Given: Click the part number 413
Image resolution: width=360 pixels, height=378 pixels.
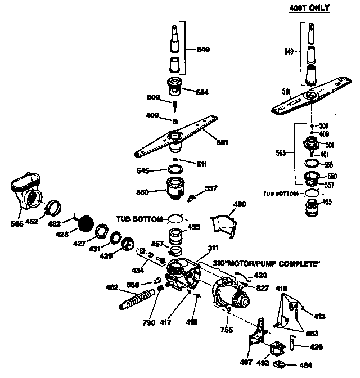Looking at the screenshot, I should [319, 317].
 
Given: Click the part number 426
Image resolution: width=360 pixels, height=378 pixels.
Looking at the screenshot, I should [317, 347].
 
